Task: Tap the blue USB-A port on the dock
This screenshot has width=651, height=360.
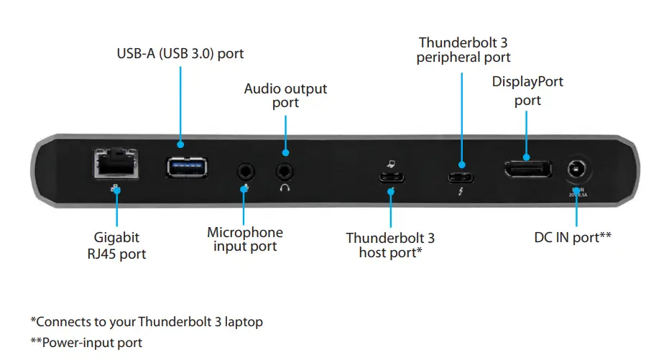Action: click(187, 167)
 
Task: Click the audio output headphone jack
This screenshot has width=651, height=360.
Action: click(285, 171)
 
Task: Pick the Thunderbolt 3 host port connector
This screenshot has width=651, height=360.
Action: click(390, 178)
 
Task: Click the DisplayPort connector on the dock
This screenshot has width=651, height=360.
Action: click(527, 172)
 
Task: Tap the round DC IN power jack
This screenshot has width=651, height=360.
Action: click(576, 170)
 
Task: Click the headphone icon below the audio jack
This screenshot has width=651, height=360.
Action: click(285, 188)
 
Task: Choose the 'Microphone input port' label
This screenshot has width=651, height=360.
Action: click(245, 239)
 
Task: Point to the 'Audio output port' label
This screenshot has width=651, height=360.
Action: click(285, 96)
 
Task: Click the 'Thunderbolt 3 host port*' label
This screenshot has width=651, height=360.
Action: click(390, 245)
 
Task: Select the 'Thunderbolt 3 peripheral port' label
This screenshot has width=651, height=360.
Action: click(463, 50)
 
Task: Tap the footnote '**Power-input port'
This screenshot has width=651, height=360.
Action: click(86, 343)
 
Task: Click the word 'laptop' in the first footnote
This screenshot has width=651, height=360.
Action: click(244, 321)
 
